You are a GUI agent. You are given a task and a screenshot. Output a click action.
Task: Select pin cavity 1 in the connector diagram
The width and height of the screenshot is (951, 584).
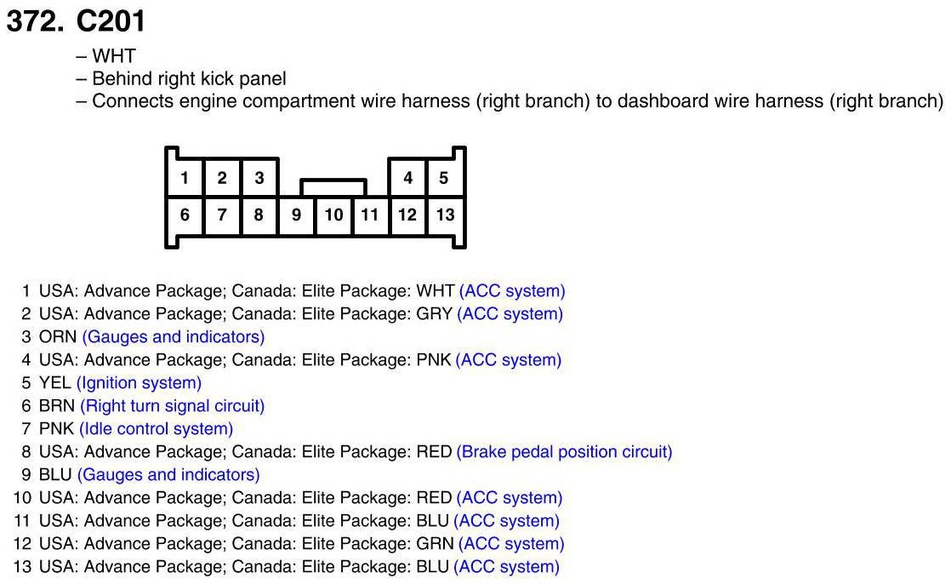coord(185,178)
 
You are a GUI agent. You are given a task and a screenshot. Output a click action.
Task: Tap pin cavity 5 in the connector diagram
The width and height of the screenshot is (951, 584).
coord(444,178)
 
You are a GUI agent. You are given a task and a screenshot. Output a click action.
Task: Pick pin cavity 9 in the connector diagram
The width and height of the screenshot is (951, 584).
coord(296,215)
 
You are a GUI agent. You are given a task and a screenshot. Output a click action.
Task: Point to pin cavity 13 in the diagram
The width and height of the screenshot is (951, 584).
coord(445,215)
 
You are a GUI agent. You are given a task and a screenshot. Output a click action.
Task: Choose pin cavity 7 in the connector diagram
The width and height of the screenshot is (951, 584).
coord(222,215)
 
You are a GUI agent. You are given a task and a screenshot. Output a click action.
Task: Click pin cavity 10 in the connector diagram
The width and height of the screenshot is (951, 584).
coord(333,215)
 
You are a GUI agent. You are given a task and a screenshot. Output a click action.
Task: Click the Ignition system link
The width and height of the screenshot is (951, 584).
coord(139,383)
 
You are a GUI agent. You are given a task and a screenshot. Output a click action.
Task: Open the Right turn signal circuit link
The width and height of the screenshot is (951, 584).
coord(172,406)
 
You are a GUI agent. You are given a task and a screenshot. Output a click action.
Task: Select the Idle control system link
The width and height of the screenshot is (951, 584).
coord(156,429)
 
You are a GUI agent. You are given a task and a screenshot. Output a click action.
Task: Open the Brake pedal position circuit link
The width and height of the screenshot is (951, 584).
coord(564,452)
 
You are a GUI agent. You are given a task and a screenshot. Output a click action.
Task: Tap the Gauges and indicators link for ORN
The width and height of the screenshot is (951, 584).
coord(173,337)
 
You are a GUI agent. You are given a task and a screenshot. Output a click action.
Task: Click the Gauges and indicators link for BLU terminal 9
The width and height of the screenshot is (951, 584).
coord(168,475)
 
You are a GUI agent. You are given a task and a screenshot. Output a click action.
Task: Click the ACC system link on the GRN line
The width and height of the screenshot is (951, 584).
coord(510,544)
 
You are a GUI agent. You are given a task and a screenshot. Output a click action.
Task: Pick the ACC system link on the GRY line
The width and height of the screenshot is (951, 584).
coord(510,314)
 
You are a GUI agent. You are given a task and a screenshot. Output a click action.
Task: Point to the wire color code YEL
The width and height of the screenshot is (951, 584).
coord(55,383)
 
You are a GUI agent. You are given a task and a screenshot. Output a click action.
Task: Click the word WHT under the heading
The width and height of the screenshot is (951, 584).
coord(114,57)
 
